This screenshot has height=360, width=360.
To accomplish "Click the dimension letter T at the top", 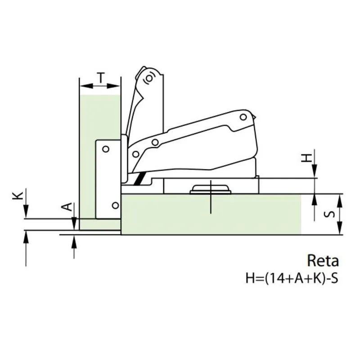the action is click(100, 77).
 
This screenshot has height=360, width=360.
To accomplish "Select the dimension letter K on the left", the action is click(18, 196).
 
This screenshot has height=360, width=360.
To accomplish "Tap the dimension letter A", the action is click(67, 207).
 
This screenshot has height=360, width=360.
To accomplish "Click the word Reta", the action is click(323, 261).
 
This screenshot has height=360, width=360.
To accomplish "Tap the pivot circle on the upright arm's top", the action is click(149, 79).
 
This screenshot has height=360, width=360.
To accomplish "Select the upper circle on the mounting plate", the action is click(106, 149).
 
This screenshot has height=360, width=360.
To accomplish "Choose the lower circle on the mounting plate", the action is click(116, 205).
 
